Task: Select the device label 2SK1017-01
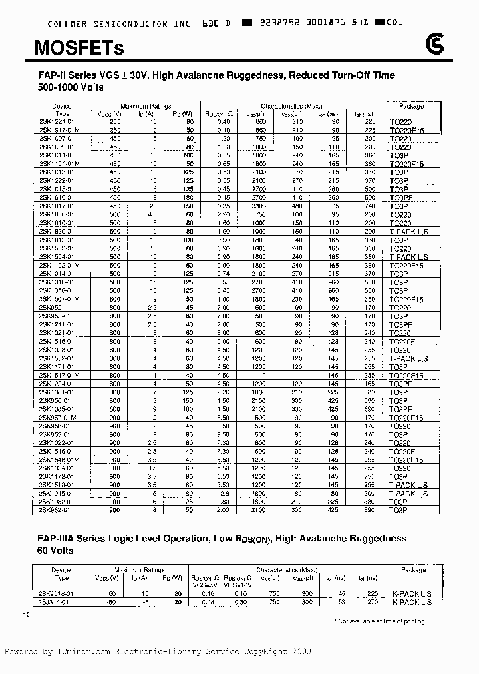(59, 206)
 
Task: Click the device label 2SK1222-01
(59, 180)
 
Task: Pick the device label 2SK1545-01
(59, 341)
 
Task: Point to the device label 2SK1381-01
(59, 392)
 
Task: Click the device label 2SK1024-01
(59, 468)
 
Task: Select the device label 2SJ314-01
(58, 601)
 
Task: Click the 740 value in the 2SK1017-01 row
(369, 206)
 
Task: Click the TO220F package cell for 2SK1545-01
(402, 341)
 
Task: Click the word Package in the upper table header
(411, 106)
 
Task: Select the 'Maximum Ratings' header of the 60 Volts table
(146, 570)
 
